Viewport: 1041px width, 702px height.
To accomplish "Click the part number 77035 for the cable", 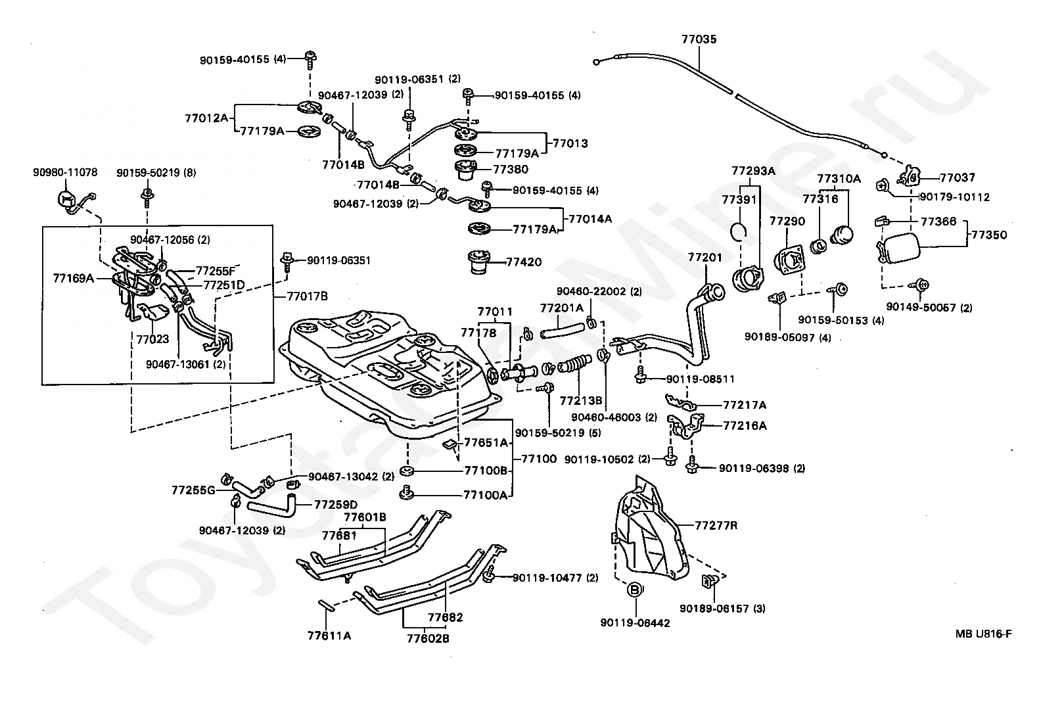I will (699, 39).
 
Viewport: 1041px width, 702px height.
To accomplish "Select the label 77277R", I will (716, 525).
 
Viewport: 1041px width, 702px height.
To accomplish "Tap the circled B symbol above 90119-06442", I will (635, 590).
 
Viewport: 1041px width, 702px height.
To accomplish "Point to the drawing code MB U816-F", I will (983, 634).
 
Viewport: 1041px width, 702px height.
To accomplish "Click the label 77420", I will (524, 262).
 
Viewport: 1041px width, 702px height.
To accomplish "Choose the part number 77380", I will (511, 169).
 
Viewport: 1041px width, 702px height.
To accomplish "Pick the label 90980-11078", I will (65, 173).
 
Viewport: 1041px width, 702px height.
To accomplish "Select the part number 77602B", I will (427, 638).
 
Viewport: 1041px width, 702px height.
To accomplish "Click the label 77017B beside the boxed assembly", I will (307, 296).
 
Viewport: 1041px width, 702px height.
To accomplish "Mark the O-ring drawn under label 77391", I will (739, 231).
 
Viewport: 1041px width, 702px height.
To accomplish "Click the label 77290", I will (787, 222).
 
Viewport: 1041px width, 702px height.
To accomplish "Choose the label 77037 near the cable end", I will (957, 177).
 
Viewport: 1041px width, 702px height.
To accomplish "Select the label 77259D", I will (335, 504).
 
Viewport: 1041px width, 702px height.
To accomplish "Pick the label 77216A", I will (745, 425).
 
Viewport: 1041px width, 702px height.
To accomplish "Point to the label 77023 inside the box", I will (152, 339).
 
